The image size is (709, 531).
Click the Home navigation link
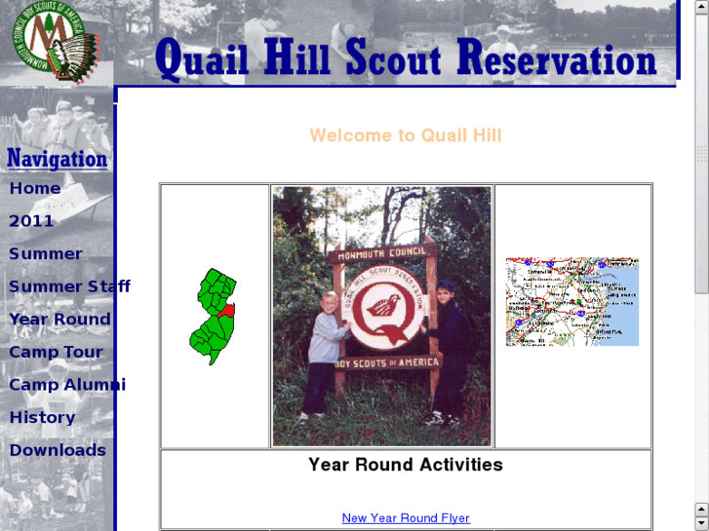(x=35, y=188)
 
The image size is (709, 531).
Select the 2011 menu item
(x=31, y=221)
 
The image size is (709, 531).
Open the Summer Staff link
(x=69, y=286)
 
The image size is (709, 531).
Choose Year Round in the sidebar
(x=59, y=320)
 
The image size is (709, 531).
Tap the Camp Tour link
(x=56, y=352)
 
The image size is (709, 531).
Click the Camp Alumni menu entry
(x=67, y=385)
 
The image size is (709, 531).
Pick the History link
(x=42, y=417)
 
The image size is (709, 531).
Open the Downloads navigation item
(x=58, y=450)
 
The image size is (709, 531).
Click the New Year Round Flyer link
(x=406, y=518)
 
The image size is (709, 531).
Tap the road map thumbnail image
(x=571, y=301)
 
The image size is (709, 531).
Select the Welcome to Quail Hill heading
(x=406, y=135)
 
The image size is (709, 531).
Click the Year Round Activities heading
(x=406, y=465)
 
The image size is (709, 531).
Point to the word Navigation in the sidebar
(x=57, y=158)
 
